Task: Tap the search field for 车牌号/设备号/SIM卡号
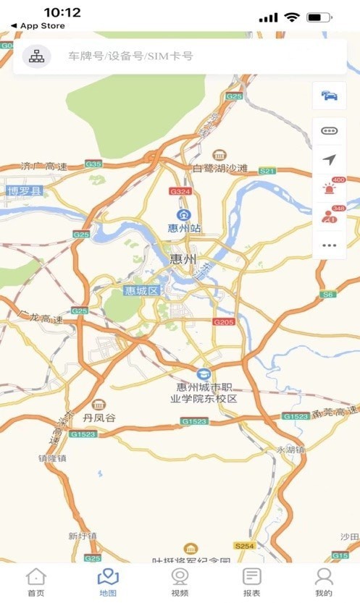point(181,56)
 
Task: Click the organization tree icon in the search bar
point(36,56)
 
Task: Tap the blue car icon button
point(329,96)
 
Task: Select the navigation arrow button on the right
point(329,159)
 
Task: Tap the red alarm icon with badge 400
point(329,188)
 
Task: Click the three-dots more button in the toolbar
point(329,245)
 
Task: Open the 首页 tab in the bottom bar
point(35,582)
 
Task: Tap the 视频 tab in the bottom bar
point(180,582)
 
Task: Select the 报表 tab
point(251,582)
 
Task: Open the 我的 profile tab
point(324,582)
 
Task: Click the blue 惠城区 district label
point(141,290)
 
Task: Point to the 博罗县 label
point(25,191)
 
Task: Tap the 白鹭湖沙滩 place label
point(219,169)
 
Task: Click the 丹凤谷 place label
point(99,418)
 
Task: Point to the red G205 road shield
point(224,321)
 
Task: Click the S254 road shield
point(244,544)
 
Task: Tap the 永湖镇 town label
point(290,449)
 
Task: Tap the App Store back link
point(38,26)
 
